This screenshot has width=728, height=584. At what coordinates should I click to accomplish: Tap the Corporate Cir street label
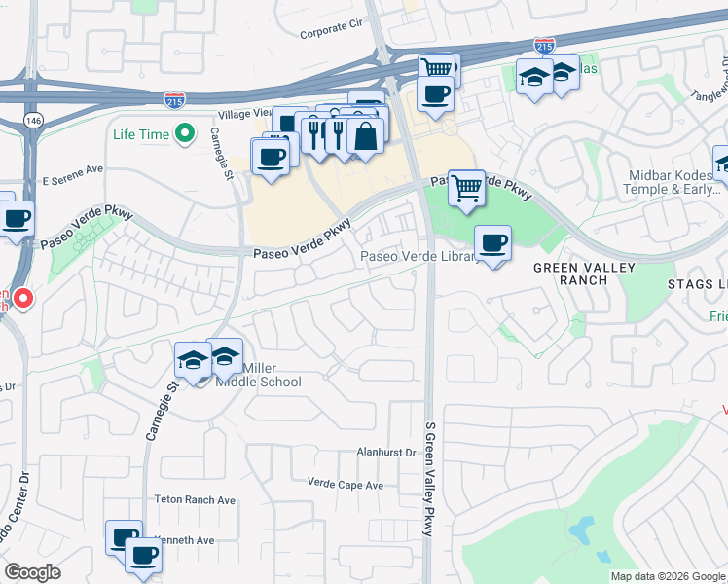coord(330,32)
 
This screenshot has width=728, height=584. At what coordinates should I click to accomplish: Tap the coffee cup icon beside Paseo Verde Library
coord(493,243)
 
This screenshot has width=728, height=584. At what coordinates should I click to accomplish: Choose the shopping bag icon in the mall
coord(365,135)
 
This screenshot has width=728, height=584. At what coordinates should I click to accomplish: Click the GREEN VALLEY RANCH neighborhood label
coord(584,274)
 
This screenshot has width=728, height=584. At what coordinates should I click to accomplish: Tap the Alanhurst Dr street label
coord(386,453)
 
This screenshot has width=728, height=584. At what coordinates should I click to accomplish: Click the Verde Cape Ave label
coord(346,484)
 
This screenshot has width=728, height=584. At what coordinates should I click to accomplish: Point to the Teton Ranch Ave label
coord(196,499)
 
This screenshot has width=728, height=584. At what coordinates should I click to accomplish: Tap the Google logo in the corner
coord(32,572)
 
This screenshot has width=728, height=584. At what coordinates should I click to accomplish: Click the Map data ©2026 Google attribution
coord(668,576)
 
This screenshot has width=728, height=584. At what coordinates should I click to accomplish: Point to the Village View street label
coord(244,114)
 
